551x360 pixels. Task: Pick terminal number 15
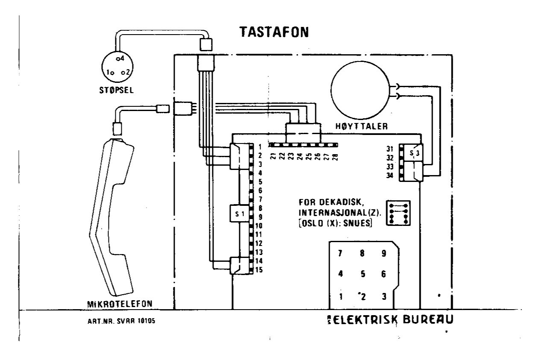point(259,270)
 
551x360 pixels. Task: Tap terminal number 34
point(390,175)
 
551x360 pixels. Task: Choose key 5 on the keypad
point(362,274)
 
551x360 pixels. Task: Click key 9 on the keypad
point(384,253)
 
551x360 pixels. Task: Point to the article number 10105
point(144,322)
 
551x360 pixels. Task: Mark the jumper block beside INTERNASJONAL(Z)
point(398,213)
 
